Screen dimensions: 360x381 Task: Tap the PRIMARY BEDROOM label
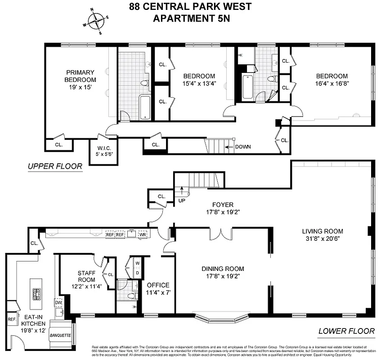81,76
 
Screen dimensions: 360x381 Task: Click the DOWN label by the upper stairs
242,147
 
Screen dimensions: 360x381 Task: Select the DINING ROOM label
223,269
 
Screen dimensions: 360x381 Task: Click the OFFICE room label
158,285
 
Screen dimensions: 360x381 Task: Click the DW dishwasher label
58,302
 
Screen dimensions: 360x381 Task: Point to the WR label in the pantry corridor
143,234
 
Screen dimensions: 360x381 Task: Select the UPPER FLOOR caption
55,166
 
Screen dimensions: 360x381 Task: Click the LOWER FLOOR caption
346,331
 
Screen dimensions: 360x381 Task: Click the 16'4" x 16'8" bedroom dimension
332,83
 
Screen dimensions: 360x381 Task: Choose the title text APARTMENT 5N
190,18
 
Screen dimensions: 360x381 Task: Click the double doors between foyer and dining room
221,234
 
